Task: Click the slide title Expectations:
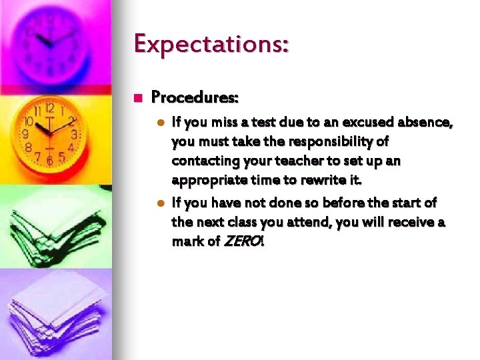(211, 45)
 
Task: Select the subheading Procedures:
(195, 97)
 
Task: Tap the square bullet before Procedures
(139, 98)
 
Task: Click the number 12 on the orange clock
(49, 109)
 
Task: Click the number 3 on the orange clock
(75, 134)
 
